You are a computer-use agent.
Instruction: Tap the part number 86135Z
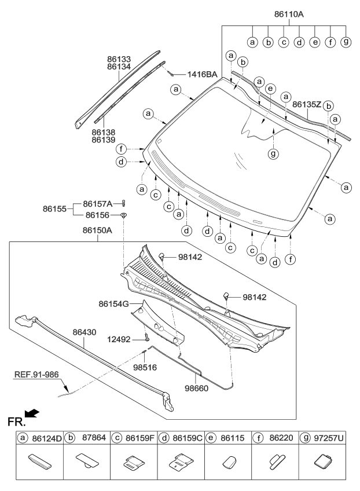point(306,105)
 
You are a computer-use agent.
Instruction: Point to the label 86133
point(119,58)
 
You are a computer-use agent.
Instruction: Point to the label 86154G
point(113,303)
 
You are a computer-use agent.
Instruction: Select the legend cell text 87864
point(94,439)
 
